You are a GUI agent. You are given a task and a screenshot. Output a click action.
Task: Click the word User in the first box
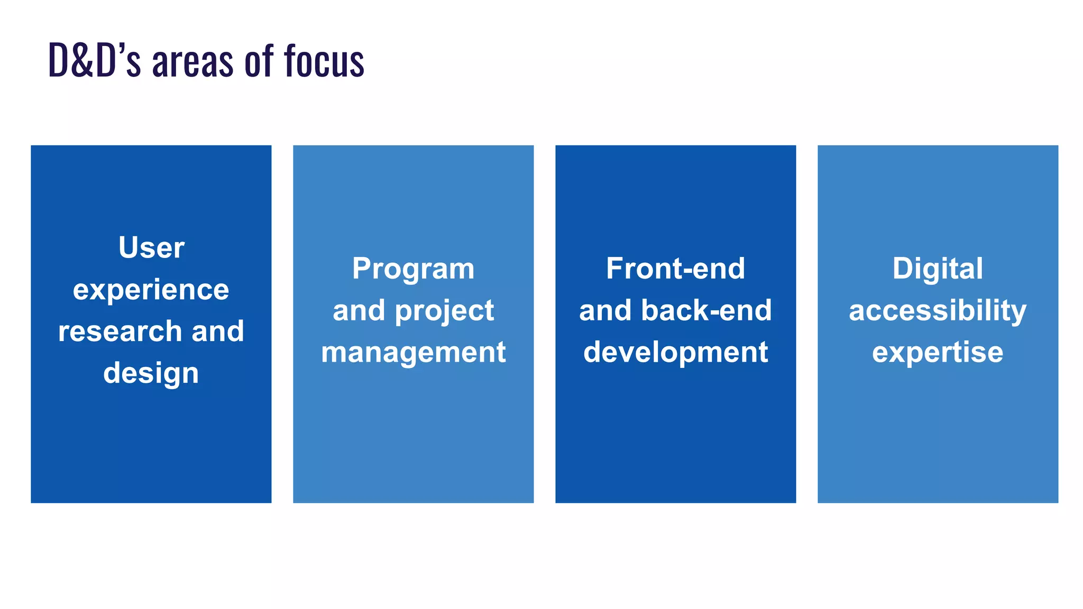point(151,247)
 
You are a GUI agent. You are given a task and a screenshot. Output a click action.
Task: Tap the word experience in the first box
point(151,290)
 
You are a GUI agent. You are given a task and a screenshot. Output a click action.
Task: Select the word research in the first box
point(120,331)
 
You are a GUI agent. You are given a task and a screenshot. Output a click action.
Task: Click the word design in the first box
point(151,374)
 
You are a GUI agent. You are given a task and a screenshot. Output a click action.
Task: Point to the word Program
point(413,269)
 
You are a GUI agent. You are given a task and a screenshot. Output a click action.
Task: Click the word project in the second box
point(444,311)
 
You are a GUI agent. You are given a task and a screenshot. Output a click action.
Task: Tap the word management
point(413,353)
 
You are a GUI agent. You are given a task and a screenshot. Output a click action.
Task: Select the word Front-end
point(675,269)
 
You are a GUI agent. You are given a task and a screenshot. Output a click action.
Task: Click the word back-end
point(706,310)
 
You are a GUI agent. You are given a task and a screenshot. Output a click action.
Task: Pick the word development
point(675,353)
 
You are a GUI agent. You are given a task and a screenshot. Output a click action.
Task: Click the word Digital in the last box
point(938,269)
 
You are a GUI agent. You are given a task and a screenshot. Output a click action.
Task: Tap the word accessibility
point(938,311)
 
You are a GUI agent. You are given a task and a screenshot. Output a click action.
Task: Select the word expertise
point(938,353)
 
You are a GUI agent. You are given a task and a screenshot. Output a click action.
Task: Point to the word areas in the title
point(192,62)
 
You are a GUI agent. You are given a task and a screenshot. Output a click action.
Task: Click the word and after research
point(217,331)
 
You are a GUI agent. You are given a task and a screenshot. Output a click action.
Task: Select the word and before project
point(359,311)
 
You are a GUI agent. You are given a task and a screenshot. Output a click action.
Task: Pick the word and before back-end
point(605,310)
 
